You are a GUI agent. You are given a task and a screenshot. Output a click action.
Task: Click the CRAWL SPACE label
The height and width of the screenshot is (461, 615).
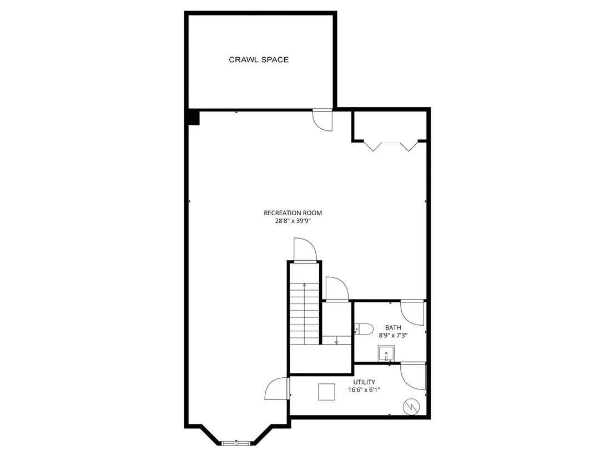point(259,59)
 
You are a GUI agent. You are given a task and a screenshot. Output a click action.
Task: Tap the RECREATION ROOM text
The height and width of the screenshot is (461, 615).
point(293,213)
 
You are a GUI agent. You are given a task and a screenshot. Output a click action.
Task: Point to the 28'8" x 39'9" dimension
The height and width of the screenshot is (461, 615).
point(293,221)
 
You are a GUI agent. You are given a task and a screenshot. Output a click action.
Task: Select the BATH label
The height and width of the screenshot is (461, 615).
point(393,328)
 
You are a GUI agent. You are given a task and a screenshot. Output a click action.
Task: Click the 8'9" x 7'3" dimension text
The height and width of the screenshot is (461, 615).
point(393,336)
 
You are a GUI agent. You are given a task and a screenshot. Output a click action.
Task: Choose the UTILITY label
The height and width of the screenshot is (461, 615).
point(364,382)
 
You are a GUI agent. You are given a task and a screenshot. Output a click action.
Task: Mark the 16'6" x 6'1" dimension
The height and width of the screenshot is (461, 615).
point(364,390)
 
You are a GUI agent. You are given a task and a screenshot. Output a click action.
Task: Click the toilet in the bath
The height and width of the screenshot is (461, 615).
point(364,329)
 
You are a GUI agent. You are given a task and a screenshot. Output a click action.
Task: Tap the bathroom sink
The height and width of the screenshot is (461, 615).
point(386,353)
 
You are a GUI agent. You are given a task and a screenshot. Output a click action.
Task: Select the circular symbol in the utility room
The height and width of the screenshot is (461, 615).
point(411,407)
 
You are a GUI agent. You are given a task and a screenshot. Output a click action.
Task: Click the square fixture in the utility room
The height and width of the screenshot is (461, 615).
point(326,392)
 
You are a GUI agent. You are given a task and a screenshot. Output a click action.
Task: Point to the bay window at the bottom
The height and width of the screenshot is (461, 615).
point(236,443)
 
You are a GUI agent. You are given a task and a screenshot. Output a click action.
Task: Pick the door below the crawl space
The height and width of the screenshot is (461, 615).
point(323,120)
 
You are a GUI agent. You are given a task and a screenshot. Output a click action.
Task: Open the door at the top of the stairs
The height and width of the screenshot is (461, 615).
point(305,250)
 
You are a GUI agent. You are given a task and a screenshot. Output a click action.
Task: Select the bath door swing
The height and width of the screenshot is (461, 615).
point(412,313)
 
